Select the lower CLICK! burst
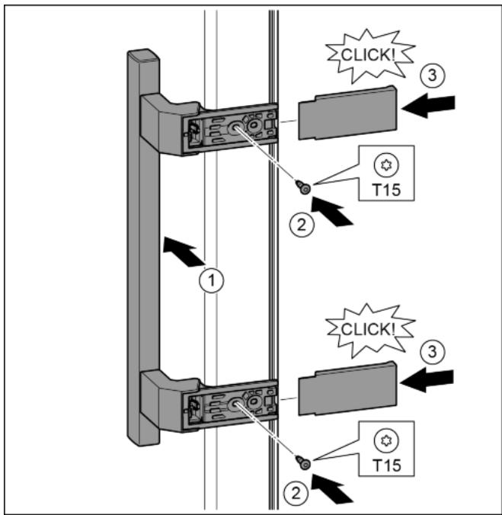click(x=363, y=328)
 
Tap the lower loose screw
click(x=303, y=461)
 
